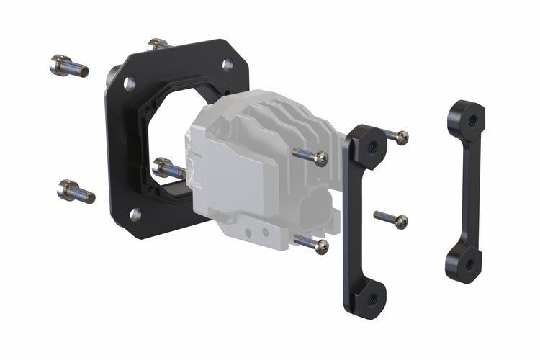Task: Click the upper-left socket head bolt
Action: (x=68, y=66)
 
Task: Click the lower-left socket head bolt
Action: (x=76, y=192)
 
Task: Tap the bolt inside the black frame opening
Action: (x=168, y=169)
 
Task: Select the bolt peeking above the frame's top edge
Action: (x=158, y=44)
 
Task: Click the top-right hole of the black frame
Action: (x=228, y=65)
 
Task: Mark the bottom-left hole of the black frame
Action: (x=135, y=214)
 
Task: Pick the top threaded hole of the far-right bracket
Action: (x=469, y=116)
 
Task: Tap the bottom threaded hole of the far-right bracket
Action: (x=468, y=265)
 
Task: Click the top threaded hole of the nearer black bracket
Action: (x=372, y=147)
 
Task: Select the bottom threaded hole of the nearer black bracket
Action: (x=372, y=297)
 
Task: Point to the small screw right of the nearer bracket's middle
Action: (x=392, y=219)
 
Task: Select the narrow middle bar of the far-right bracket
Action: (x=463, y=191)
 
